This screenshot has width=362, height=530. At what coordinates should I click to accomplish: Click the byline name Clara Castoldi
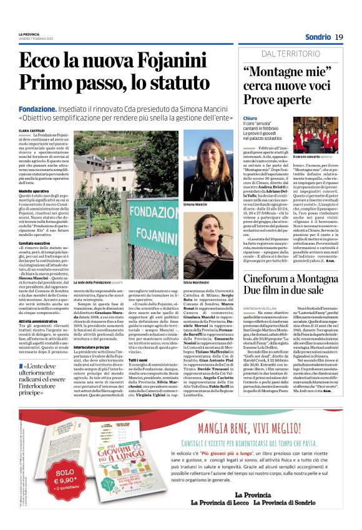(x=32, y=130)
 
